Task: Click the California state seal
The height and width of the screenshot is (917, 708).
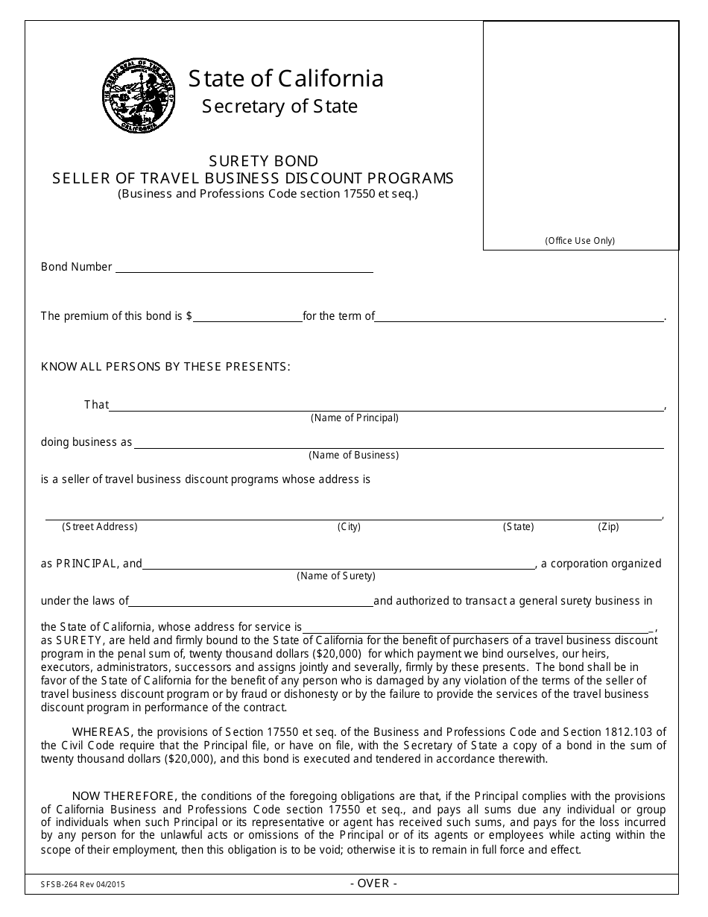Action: pos(139,95)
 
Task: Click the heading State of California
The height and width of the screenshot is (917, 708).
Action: pos(286,78)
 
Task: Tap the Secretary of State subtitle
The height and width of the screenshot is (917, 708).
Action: pos(279,107)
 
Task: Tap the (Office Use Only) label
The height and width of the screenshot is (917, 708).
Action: pos(580,240)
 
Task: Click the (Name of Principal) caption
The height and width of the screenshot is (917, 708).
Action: pos(354,417)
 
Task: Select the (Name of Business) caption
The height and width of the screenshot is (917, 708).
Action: pos(353,455)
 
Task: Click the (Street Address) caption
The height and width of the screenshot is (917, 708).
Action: pos(100,526)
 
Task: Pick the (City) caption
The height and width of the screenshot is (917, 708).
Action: pos(349,526)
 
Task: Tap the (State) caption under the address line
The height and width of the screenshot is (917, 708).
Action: pos(518,526)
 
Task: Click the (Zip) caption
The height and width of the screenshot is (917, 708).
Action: pos(608,526)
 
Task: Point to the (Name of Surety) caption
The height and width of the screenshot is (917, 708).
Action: pos(336,576)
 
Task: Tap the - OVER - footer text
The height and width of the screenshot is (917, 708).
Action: pos(373,883)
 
